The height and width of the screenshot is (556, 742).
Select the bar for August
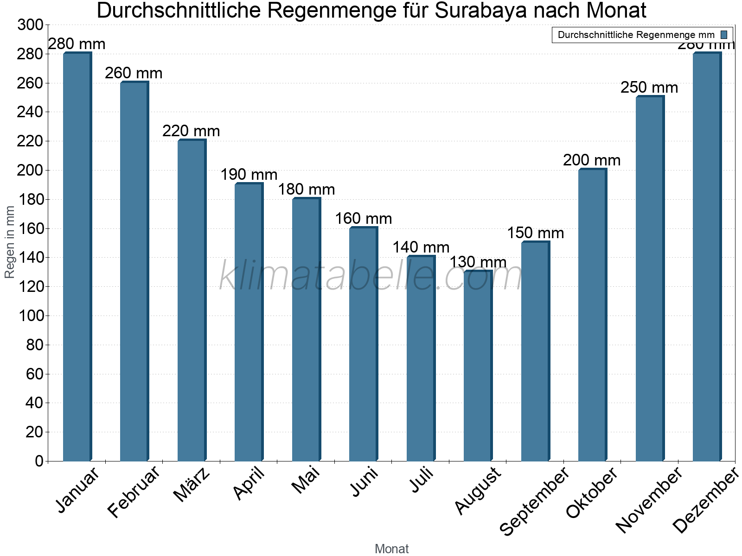478,366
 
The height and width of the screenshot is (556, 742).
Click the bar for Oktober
592,315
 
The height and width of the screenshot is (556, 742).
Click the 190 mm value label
249,175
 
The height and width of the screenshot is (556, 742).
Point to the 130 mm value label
478,262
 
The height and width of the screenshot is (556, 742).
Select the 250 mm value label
649,88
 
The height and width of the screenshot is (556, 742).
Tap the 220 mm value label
191,131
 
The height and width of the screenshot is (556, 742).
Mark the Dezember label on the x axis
706,501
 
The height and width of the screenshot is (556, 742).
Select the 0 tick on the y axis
38,461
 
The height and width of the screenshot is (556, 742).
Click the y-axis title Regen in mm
10,242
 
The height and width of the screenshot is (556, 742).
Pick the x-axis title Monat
391,549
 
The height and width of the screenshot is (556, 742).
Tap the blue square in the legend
724,35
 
